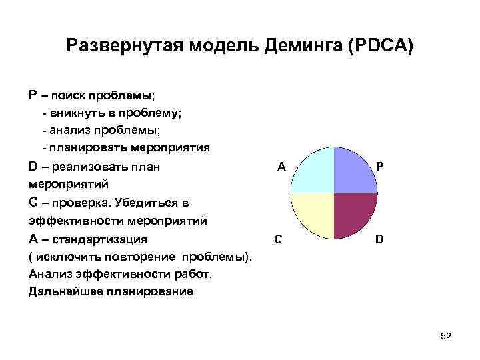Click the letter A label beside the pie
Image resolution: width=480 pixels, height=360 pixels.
(x=281, y=167)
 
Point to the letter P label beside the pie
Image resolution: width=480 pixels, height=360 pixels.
(x=379, y=167)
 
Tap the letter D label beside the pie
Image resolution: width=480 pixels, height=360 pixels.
(x=379, y=238)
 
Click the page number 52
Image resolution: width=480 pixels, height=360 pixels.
(x=446, y=337)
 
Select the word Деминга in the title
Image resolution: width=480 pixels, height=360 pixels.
(x=300, y=46)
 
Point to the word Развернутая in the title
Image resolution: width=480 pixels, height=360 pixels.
(x=124, y=46)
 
